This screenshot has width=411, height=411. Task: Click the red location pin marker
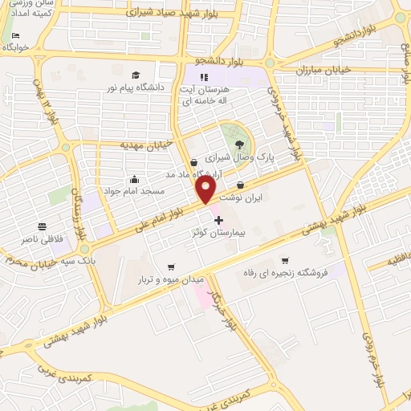coord(205,189)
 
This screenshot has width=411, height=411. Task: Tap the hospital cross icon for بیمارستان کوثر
coord(218,218)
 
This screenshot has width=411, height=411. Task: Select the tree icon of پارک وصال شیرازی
coord(240,144)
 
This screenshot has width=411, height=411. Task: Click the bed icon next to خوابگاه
coord(16,36)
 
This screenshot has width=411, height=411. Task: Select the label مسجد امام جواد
coord(133,192)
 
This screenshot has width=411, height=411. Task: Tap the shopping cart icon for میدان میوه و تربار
coord(170,267)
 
